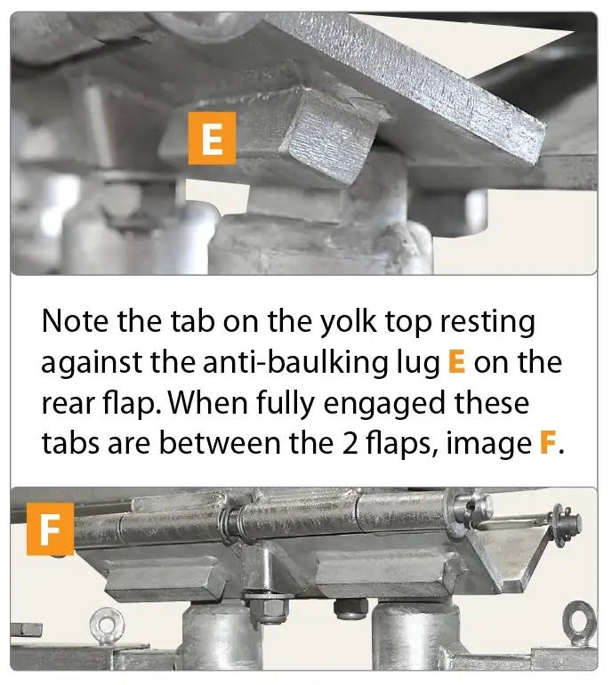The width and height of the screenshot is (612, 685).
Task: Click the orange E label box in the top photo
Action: tap(211, 140)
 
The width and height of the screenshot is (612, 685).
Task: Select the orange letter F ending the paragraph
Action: tap(549, 442)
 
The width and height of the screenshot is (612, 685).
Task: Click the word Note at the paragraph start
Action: tap(76, 321)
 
